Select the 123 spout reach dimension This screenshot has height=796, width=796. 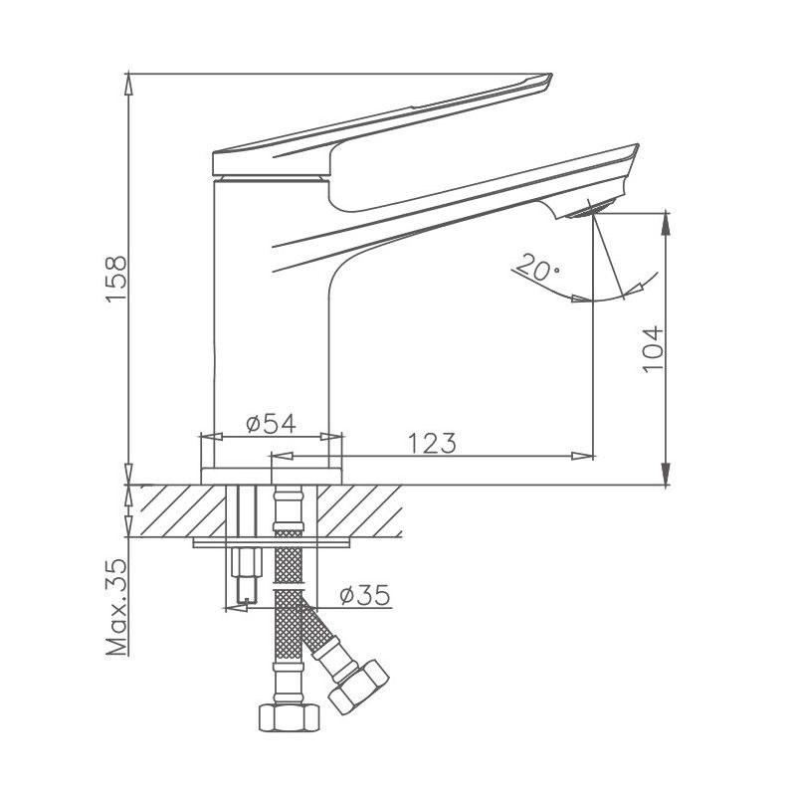click(x=431, y=443)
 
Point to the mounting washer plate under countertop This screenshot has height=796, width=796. click(x=274, y=541)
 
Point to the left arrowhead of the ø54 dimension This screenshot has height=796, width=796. click(x=207, y=436)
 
